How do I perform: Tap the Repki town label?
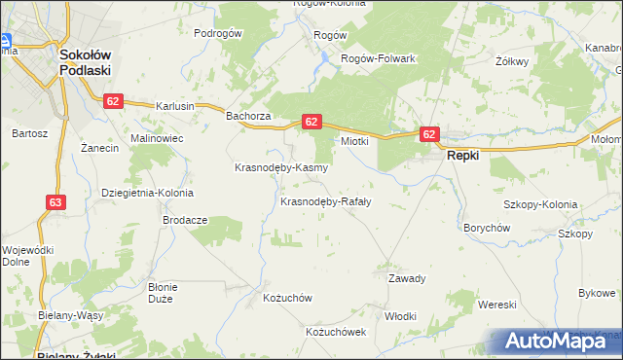click(461, 155)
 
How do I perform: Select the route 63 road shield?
click(55, 202)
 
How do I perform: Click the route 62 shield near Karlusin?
click(114, 100)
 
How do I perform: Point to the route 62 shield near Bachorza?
click(311, 122)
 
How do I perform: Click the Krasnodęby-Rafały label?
click(325, 202)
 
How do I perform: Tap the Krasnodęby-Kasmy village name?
click(281, 167)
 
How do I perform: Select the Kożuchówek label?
click(335, 332)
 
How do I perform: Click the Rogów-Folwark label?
click(378, 58)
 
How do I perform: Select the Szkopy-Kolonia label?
click(540, 205)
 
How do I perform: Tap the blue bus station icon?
click(5, 42)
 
